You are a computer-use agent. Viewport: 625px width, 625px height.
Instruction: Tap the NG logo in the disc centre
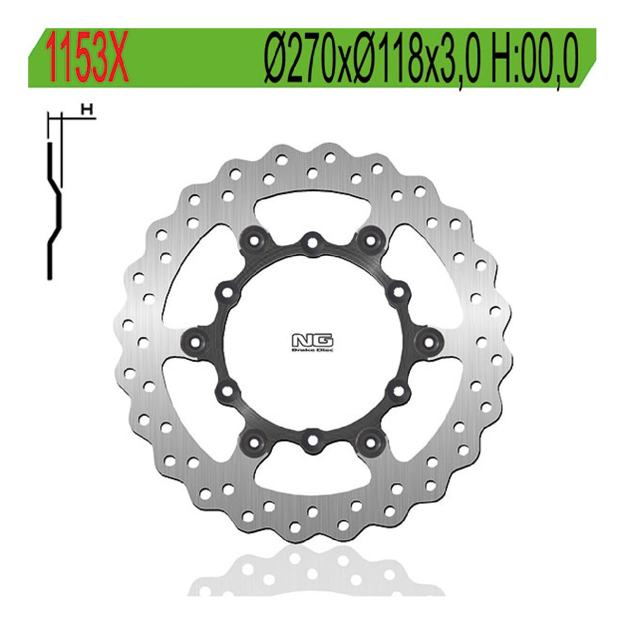(312, 340)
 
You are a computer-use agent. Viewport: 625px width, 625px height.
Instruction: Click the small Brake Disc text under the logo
(312, 350)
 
